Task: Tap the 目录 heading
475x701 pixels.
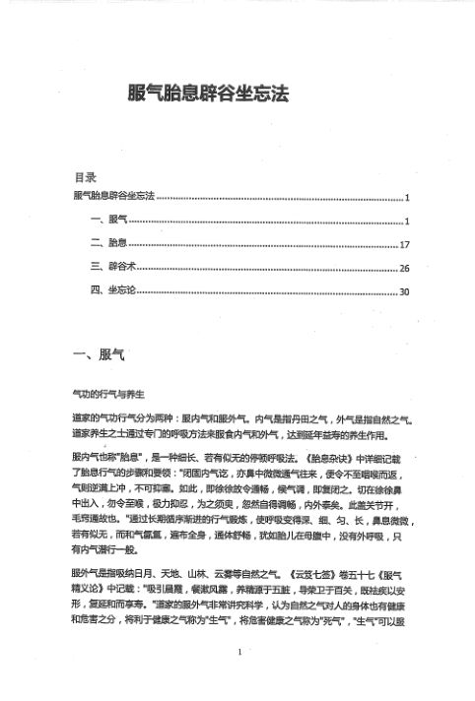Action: [85, 178]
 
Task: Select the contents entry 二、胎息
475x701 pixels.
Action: [107, 243]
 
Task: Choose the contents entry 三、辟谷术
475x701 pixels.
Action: [111, 267]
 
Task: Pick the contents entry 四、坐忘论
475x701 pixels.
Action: [111, 291]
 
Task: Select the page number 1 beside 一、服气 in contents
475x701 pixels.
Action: [406, 221]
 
